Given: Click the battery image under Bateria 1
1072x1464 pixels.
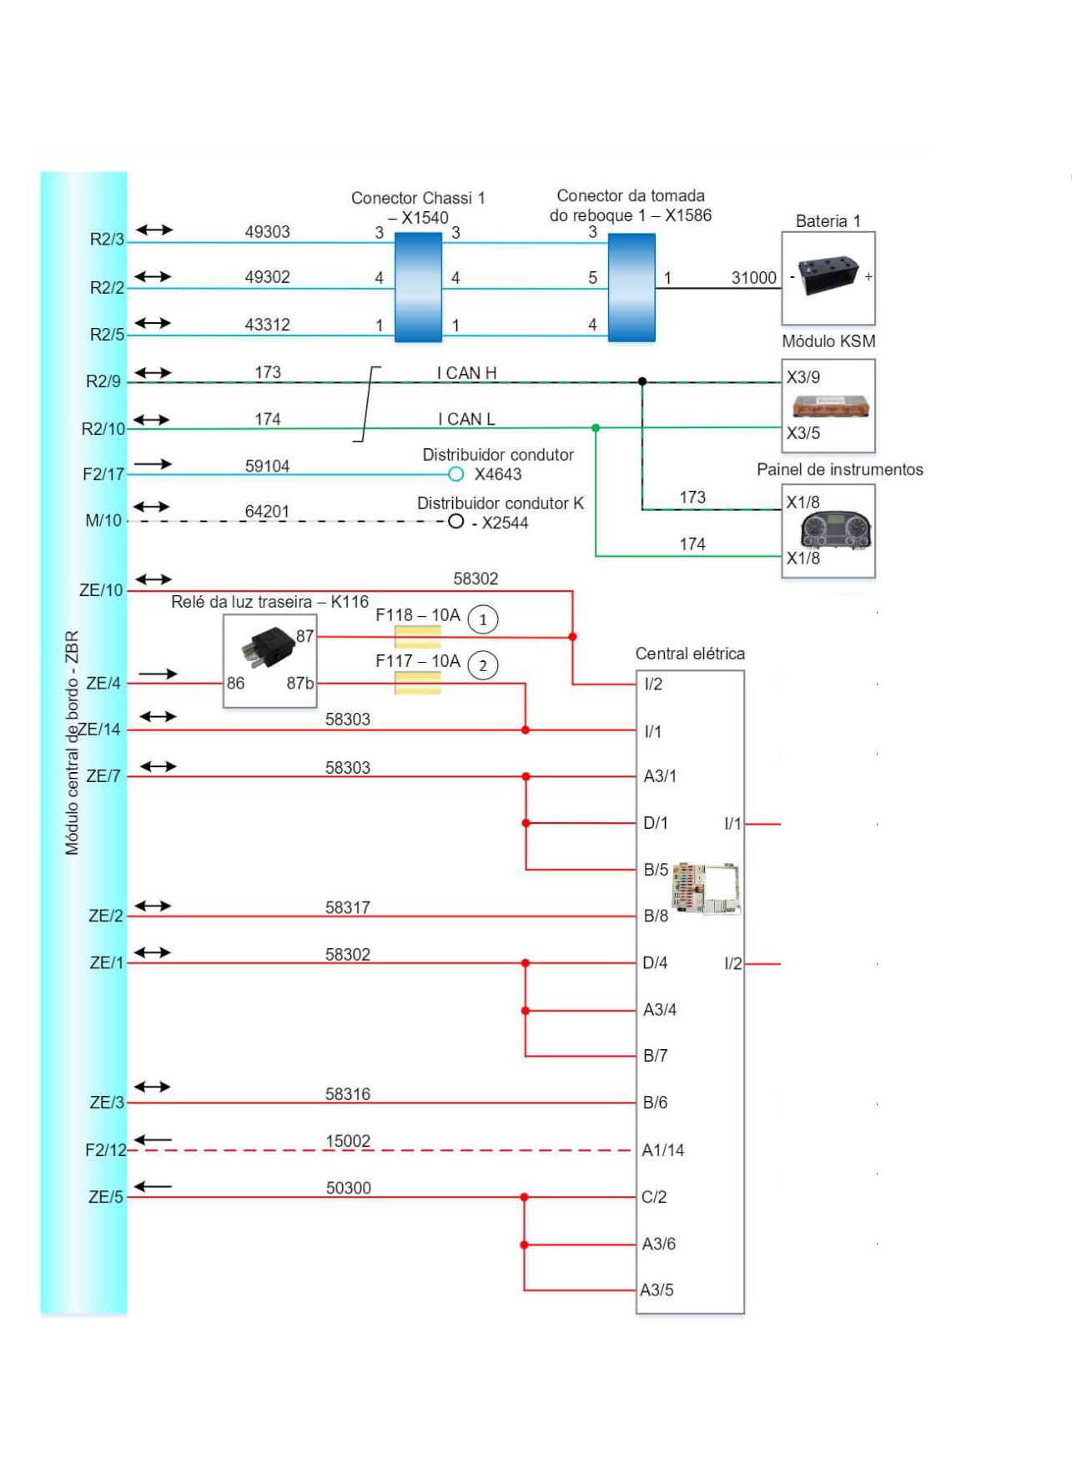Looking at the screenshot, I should click(828, 276).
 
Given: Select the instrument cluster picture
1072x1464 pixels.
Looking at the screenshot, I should click(835, 530).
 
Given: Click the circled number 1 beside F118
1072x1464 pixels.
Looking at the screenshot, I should click(483, 619).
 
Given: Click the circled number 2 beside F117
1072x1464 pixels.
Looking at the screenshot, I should click(483, 666).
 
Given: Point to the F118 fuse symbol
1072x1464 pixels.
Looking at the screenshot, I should click(417, 637).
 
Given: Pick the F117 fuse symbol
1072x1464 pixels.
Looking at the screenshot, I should click(417, 683).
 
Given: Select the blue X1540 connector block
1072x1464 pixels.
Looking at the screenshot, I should click(418, 287).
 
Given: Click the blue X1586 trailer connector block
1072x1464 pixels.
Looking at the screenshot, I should click(632, 287).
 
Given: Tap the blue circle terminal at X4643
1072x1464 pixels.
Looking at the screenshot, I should click(455, 474).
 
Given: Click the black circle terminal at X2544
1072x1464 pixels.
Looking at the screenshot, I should click(455, 522).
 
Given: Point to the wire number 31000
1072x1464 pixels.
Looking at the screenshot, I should click(753, 277).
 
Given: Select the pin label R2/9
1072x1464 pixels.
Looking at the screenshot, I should click(103, 381).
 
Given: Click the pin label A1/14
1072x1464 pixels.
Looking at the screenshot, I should click(662, 1150).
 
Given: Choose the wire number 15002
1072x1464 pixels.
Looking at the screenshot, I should click(348, 1141).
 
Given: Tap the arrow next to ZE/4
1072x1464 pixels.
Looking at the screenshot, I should click(158, 674).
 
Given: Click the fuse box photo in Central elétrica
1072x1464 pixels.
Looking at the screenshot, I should click(706, 889).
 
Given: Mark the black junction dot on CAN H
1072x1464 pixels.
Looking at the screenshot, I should click(642, 381).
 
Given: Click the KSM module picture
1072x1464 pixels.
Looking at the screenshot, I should click(830, 406).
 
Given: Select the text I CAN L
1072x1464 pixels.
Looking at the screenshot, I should click(466, 419).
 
